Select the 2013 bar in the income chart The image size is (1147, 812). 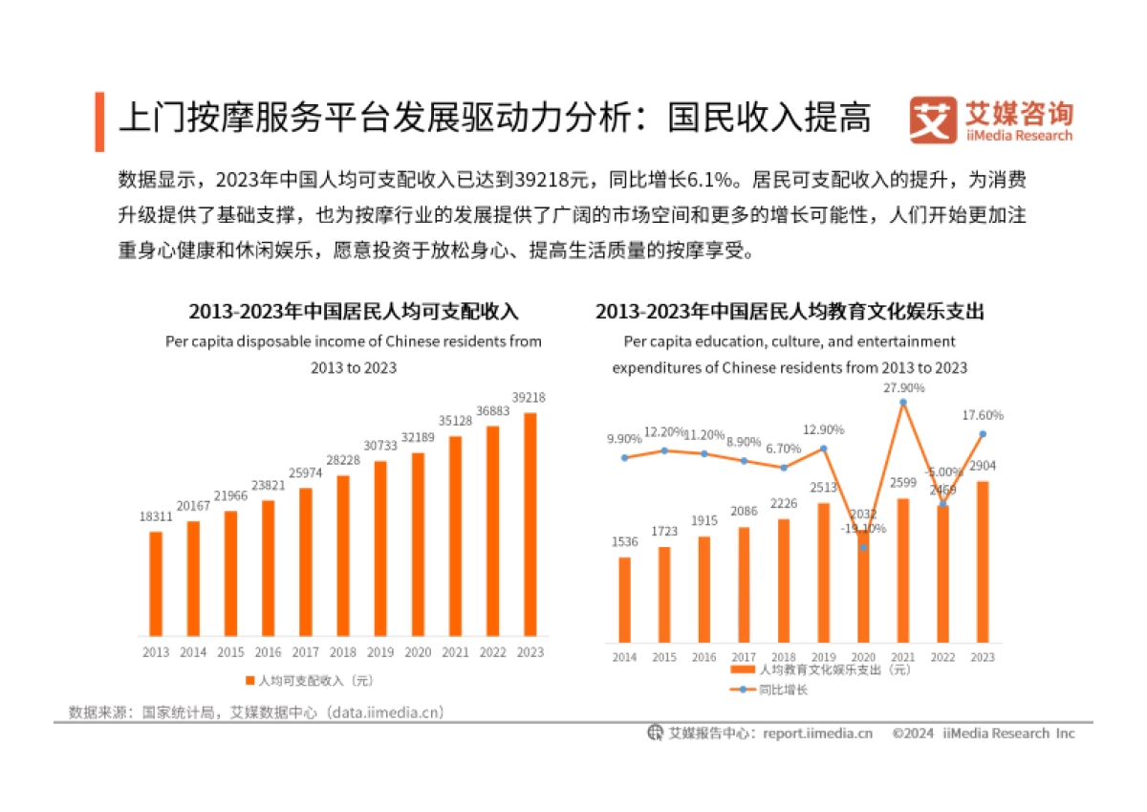pyautogui.click(x=156, y=583)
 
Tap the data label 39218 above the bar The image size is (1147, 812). pyautogui.click(x=529, y=398)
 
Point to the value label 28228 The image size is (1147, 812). pyautogui.click(x=342, y=461)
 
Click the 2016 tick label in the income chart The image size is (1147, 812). pyautogui.click(x=268, y=652)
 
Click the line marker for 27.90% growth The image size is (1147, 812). pyautogui.click(x=903, y=402)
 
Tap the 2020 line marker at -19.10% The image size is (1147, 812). pyautogui.click(x=864, y=547)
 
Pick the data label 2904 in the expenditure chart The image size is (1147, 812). pyautogui.click(x=982, y=466)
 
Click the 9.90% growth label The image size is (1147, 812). pyautogui.click(x=624, y=439)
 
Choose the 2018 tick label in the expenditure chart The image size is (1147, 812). pyautogui.click(x=784, y=658)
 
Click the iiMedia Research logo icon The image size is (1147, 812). pyautogui.click(x=932, y=121)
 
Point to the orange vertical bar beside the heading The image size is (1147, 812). pyautogui.click(x=99, y=121)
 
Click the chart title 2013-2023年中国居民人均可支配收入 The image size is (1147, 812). pyautogui.click(x=353, y=312)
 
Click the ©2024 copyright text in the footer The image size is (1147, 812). pyautogui.click(x=913, y=734)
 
